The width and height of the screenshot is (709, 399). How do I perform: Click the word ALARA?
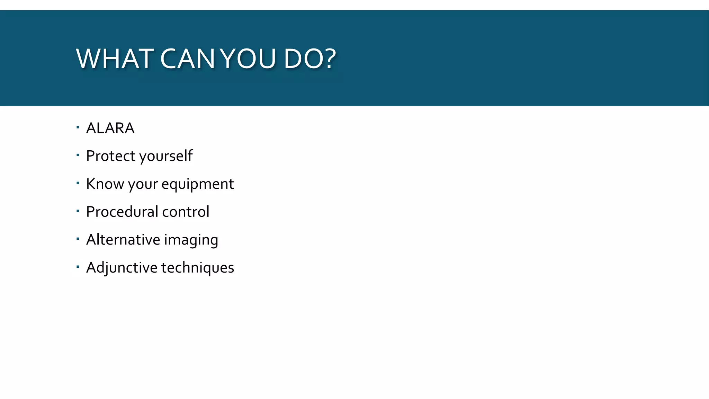pos(110,128)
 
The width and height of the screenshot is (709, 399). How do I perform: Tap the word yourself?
pos(166,157)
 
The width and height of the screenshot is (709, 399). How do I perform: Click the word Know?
pos(105,184)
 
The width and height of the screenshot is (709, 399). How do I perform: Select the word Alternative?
pos(123,240)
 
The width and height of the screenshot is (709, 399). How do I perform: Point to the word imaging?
pos(191,240)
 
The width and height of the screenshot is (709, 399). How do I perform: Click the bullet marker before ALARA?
pos(78,127)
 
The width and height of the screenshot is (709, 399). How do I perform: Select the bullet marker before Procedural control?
pos(78,211)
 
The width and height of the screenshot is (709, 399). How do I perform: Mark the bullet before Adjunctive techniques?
pos(78,267)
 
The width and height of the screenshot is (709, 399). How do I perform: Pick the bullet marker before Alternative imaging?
pos(78,239)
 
